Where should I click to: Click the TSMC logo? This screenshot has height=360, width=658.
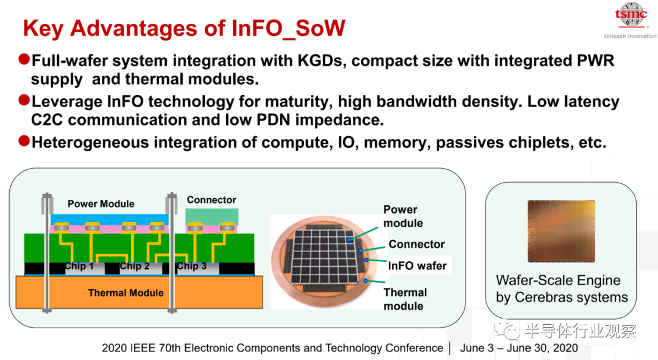[631, 15]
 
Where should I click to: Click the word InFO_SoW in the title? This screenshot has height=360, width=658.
[288, 29]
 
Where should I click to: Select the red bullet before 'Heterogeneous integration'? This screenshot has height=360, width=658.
[24, 141]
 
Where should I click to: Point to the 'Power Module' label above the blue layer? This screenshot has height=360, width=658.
[101, 204]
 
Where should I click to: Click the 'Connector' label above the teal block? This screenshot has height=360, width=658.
[211, 200]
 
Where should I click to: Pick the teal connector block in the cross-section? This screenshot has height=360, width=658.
[212, 217]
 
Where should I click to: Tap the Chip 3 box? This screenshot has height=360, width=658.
[191, 268]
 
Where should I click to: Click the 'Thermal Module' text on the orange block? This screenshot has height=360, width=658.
[126, 293]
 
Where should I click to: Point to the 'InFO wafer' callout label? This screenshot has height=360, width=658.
[417, 266]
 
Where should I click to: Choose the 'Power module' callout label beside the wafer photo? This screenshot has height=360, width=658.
[403, 216]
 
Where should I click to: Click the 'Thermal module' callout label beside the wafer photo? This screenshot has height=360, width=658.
[405, 299]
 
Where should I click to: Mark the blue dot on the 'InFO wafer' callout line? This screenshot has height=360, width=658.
[366, 260]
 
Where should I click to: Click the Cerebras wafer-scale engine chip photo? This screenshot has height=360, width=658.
[561, 231]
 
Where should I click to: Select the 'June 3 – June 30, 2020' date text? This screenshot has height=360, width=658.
[518, 348]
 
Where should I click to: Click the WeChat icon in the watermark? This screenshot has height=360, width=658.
[507, 330]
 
